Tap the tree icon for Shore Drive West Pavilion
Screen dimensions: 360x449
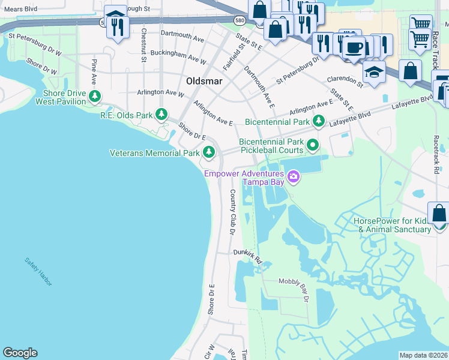point(94,96)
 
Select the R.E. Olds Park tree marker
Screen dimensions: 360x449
point(161,114)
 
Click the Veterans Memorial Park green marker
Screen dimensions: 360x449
point(209,152)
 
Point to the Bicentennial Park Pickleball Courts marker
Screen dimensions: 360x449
point(312,145)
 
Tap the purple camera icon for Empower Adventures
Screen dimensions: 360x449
point(294,176)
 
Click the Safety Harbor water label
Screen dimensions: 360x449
point(38,271)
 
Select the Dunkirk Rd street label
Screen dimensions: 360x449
point(249,256)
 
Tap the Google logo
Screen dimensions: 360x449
point(20,353)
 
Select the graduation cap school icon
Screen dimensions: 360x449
point(375,72)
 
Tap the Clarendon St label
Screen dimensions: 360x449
point(345,80)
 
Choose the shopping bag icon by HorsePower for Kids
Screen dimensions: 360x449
point(439,214)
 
